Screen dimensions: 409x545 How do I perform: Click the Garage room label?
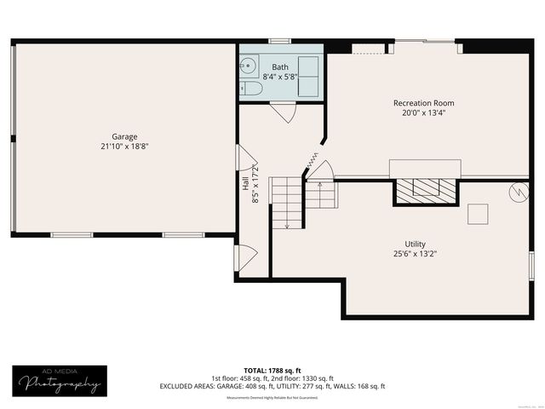pyautogui.click(x=124, y=136)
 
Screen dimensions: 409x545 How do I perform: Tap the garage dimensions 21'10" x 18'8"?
pyautogui.click(x=124, y=146)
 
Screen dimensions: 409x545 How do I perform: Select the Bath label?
pyautogui.click(x=280, y=66)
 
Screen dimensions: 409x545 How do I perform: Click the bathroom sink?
pyautogui.click(x=249, y=64)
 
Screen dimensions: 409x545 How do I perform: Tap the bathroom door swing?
pyautogui.click(x=282, y=112)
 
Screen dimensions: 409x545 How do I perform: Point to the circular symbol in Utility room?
pyautogui.click(x=517, y=193)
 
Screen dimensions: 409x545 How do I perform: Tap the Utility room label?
pyautogui.click(x=415, y=244)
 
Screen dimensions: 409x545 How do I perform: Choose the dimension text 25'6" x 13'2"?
pyautogui.click(x=415, y=253)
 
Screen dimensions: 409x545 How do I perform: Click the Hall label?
pyautogui.click(x=245, y=184)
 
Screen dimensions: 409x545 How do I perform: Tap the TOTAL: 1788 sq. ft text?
pyautogui.click(x=272, y=370)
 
